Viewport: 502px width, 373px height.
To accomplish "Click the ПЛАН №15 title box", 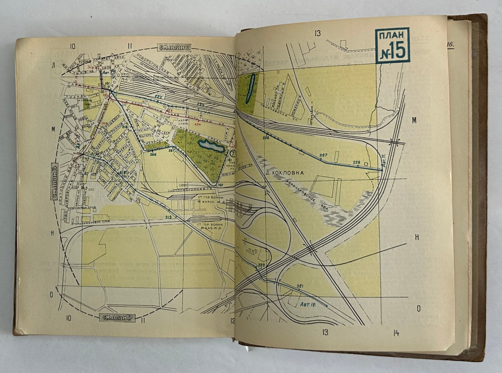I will coord(392,45).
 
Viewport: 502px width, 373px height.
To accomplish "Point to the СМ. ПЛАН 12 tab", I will coord(175,47).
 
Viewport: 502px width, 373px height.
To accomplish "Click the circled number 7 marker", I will coord(232,153).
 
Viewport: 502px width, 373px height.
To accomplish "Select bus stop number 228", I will coord(357,162).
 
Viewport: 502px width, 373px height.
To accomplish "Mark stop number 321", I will coord(300,286).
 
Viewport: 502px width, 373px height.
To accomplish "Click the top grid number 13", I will coord(317,33).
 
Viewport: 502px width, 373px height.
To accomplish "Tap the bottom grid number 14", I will coord(396,332).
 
